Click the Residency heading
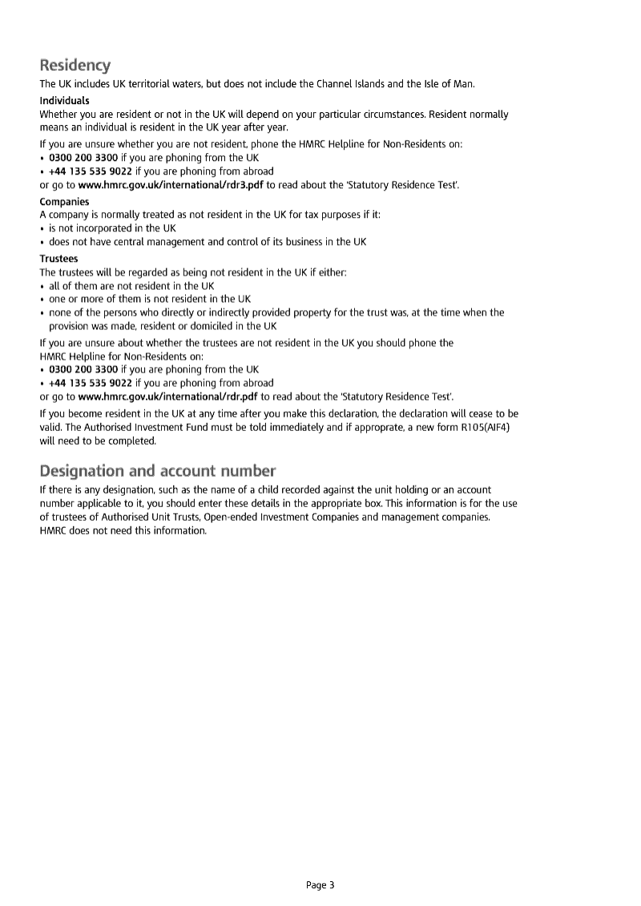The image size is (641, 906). pyautogui.click(x=75, y=65)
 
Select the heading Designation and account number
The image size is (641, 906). pyautogui.click(x=158, y=470)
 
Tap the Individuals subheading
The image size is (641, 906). pyautogui.click(x=64, y=101)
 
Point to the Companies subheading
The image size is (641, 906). pyautogui.click(x=64, y=202)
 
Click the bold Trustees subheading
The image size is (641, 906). pyautogui.click(x=58, y=259)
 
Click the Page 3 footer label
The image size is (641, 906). pyautogui.click(x=320, y=885)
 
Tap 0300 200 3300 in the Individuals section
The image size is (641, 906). pyautogui.click(x=83, y=158)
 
